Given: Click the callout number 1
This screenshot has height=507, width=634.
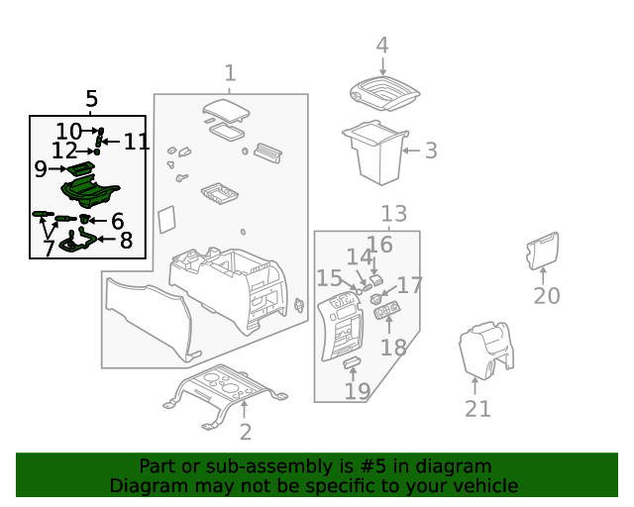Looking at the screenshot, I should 230,72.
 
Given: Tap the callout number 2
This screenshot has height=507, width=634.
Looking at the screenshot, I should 245,431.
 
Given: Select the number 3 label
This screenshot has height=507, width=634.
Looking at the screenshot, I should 430,151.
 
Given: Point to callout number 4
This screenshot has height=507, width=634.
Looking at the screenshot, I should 381,46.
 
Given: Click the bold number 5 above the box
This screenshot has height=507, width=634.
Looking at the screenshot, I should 91,99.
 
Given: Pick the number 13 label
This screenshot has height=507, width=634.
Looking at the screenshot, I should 393,213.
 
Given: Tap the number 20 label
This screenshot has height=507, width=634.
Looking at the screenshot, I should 547,295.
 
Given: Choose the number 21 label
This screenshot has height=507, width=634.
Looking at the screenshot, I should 477,408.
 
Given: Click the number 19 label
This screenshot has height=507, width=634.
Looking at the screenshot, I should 357,391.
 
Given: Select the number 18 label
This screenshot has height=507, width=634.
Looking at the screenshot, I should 393,347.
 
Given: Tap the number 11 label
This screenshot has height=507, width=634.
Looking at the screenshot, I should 137,142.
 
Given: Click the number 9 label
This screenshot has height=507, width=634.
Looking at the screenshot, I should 41,169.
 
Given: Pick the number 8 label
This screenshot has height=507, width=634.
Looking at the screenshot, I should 126,240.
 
